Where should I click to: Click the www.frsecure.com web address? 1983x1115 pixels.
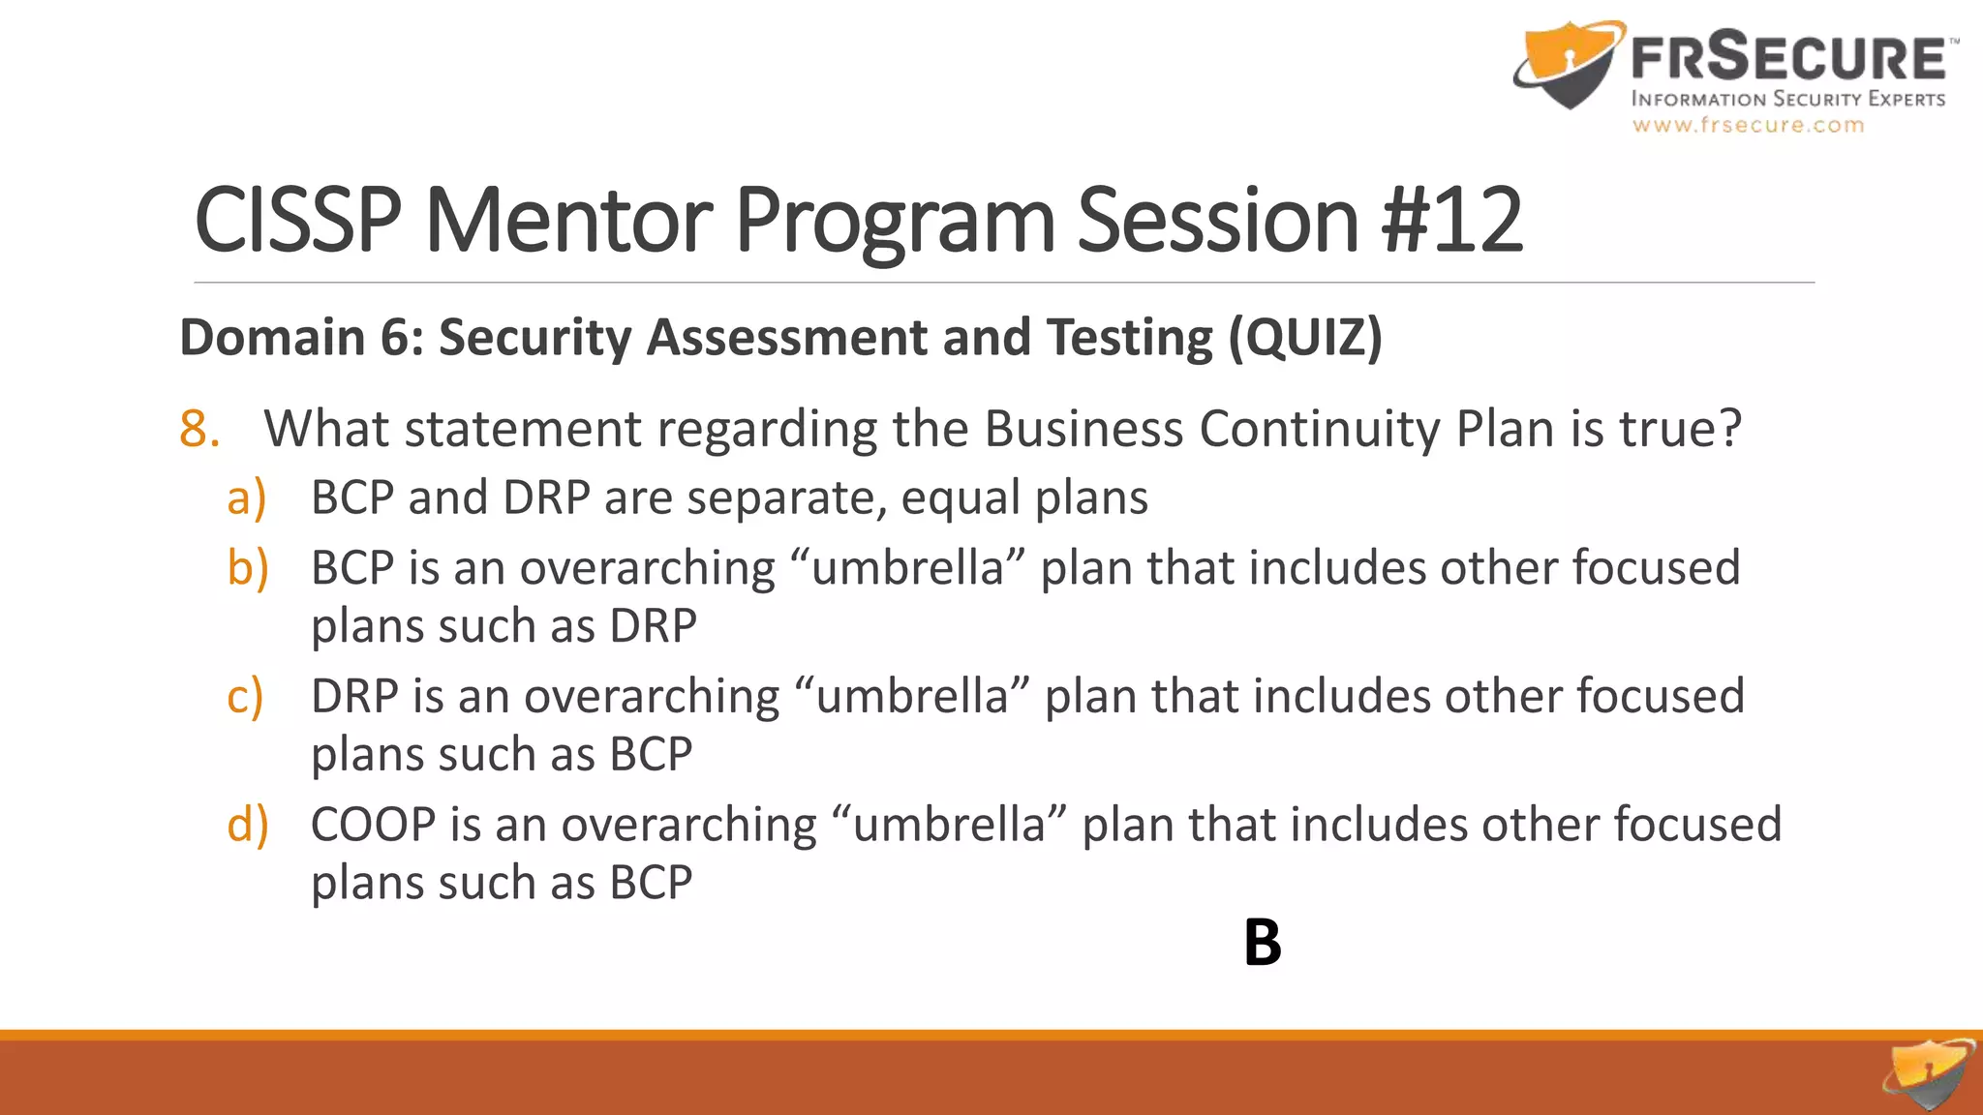click(1748, 125)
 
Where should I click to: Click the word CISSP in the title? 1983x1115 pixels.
click(297, 221)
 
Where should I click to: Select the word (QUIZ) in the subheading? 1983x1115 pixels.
click(1305, 338)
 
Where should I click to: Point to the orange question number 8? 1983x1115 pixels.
click(199, 429)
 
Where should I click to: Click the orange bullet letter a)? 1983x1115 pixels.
click(246, 498)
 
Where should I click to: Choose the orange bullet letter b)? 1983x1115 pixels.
click(247, 568)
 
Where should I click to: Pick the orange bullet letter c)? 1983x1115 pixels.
click(244, 697)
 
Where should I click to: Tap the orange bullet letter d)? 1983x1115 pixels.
click(247, 826)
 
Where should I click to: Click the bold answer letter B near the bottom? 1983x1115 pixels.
click(1262, 943)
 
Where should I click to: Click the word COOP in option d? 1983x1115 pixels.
click(373, 826)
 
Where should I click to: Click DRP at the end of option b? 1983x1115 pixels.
click(653, 626)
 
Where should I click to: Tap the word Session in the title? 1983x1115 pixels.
click(1218, 221)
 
